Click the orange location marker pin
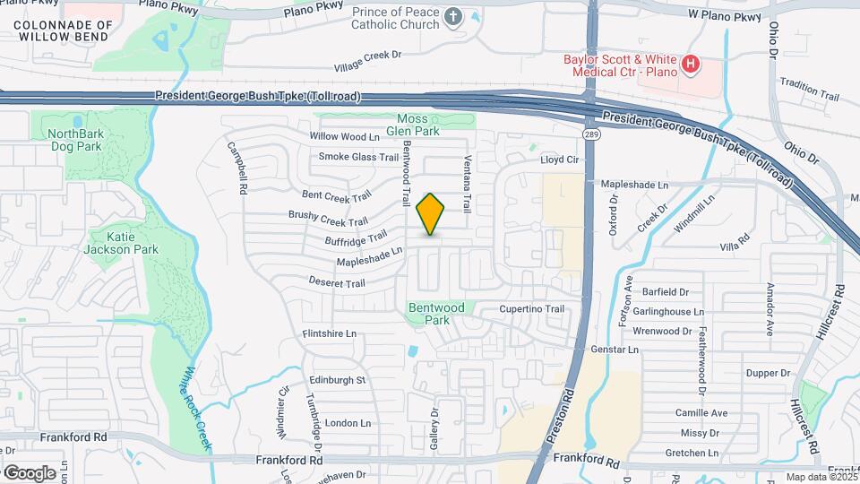tap(431, 214)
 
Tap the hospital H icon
tap(691, 64)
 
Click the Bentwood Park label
tap(436, 314)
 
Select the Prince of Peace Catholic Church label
tap(397, 18)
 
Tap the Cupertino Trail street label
tap(532, 309)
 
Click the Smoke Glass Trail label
tap(358, 157)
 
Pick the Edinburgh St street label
tap(338, 380)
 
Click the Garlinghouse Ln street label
tap(660, 311)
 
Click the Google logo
tap(29, 472)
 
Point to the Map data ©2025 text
tap(821, 477)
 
